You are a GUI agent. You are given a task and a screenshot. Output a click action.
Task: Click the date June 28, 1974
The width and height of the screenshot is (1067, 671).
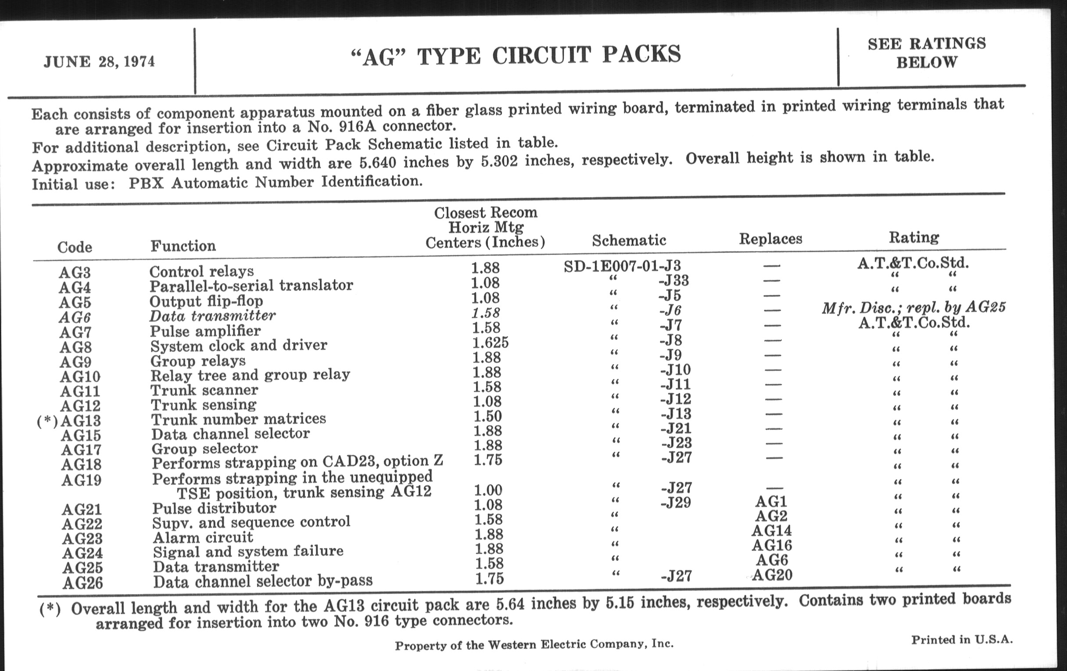click(99, 61)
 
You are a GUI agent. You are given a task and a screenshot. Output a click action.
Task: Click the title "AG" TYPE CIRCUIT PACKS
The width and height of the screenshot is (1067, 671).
click(516, 56)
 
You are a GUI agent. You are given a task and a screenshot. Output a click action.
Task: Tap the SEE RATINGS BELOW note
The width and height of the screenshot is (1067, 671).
click(927, 53)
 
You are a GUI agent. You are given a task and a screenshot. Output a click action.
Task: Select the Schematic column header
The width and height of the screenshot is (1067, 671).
click(629, 240)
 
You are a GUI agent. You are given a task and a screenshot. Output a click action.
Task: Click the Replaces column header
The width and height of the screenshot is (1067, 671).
click(770, 239)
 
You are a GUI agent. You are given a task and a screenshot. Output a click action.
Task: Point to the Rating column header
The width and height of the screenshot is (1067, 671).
click(914, 237)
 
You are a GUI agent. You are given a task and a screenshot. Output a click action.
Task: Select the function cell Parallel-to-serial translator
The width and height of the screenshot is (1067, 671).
click(251, 286)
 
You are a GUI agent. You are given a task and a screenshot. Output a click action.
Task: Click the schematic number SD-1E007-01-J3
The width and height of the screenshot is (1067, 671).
click(622, 266)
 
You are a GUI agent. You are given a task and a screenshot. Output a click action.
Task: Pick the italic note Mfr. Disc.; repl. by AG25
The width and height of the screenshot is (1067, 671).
click(913, 307)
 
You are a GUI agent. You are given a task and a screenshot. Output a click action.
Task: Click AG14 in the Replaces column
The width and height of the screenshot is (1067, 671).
click(771, 531)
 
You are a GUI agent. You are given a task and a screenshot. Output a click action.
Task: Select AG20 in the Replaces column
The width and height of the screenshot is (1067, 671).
click(772, 575)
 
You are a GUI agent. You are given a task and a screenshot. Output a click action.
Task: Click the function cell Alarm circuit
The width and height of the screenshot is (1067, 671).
click(203, 538)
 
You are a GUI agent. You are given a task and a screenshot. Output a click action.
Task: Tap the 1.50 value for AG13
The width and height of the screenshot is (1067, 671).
click(487, 416)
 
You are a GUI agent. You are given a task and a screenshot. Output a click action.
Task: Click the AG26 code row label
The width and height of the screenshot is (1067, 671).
click(82, 583)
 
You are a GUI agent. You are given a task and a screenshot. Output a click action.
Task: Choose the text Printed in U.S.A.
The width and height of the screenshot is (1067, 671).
click(962, 639)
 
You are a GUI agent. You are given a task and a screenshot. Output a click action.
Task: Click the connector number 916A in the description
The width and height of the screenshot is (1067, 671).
click(358, 128)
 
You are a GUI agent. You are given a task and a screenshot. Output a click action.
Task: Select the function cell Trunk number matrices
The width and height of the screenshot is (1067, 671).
click(238, 419)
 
